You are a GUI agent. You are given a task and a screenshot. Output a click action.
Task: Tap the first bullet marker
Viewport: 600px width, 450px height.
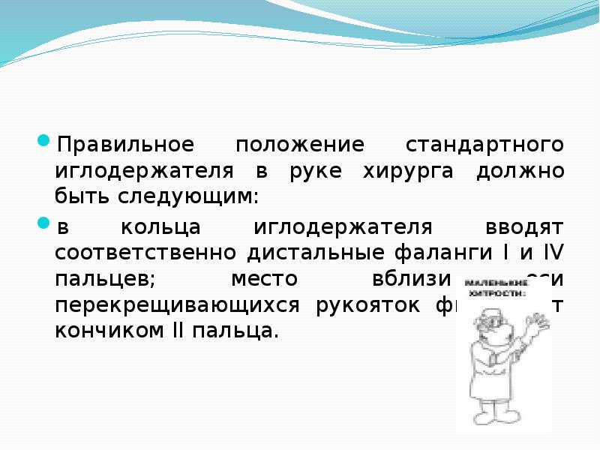point(43,141)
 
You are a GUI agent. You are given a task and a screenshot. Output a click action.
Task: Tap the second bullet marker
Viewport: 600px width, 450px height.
point(43,223)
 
